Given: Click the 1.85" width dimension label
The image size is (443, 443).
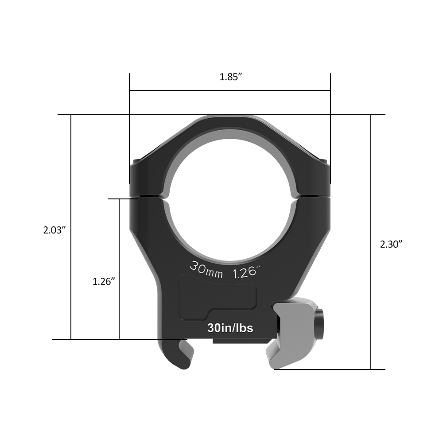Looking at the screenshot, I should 230,77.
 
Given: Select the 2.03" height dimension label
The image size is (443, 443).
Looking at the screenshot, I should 54,230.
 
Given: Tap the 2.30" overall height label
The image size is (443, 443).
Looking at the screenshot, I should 391,244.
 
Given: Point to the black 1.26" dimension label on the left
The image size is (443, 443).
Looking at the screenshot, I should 104,281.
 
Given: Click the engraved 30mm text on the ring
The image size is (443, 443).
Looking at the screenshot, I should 206,269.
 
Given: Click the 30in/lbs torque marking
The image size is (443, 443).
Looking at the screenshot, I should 230,328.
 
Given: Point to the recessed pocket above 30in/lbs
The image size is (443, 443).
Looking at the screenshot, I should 218,296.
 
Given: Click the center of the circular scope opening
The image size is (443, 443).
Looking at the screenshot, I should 230,200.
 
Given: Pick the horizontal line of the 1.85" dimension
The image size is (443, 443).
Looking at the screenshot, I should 230,91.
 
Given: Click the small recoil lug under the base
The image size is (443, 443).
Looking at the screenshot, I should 239,341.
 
